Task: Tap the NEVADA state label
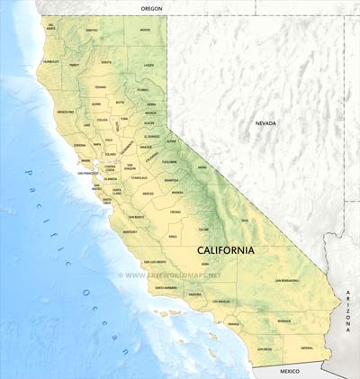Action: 265,123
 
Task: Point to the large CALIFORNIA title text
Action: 225,249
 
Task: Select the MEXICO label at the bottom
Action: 289,371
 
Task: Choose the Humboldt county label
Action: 50,62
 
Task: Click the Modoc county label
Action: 145,30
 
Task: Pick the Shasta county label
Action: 106,62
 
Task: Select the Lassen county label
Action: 148,65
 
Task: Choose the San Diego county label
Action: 265,348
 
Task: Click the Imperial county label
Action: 308,347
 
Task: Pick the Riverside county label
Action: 284,320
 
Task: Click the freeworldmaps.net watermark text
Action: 184,274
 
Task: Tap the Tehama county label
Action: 101,87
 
